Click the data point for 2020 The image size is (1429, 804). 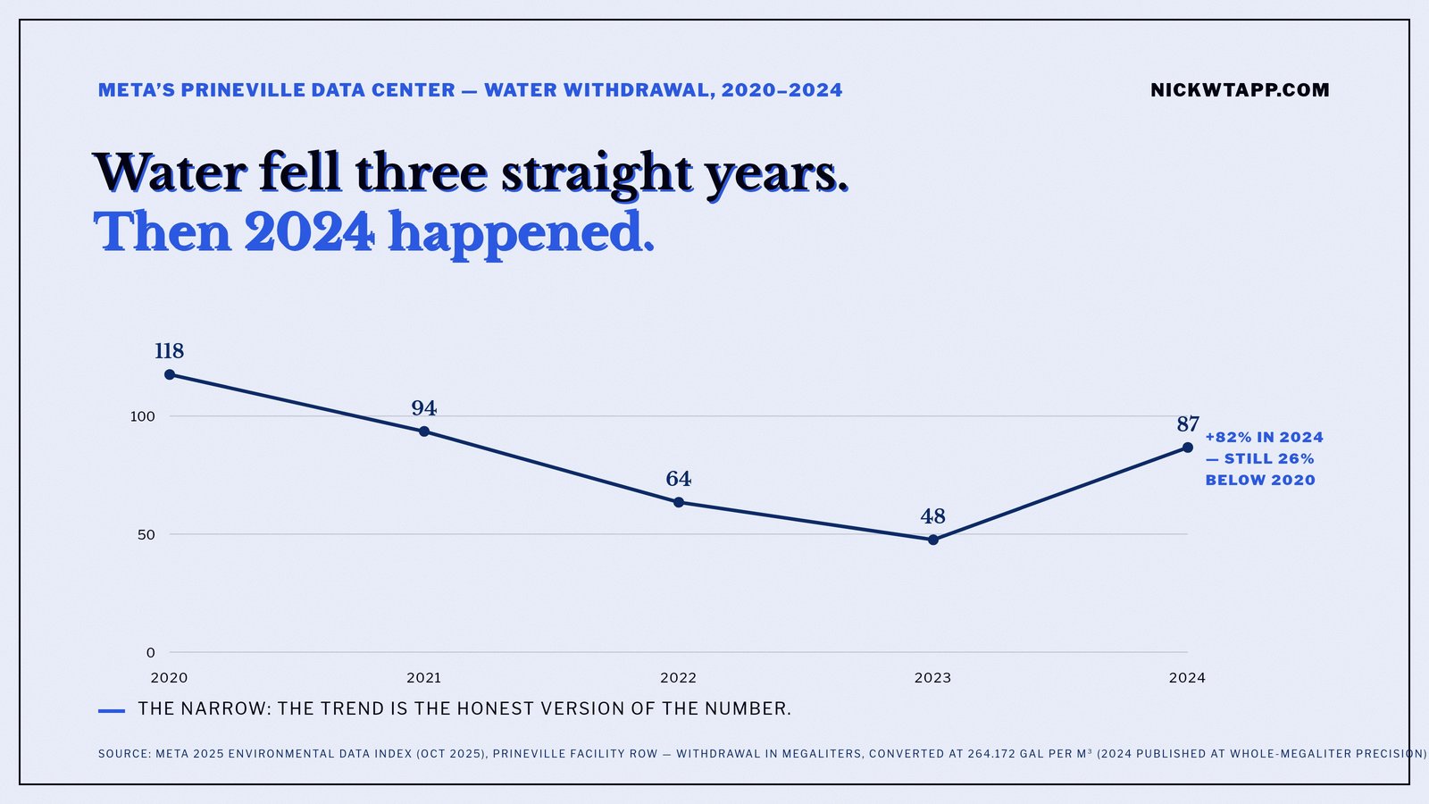170,374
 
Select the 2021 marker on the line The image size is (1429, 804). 424,431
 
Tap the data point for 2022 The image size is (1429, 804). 679,502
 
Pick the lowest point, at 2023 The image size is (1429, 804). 933,540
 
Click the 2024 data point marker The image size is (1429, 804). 1188,448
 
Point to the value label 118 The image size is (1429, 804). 169,351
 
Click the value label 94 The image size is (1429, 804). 424,407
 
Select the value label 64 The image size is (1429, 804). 679,479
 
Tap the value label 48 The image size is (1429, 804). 932,516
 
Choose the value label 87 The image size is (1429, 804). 1188,423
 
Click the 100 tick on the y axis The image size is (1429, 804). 143,416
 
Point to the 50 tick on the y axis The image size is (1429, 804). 146,535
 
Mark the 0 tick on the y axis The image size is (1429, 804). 151,653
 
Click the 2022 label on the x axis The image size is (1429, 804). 679,678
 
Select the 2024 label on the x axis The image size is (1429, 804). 1187,678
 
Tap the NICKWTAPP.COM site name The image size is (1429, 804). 1241,90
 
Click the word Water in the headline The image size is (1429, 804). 169,172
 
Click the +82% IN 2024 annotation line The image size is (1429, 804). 1265,437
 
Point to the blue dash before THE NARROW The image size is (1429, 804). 112,710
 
